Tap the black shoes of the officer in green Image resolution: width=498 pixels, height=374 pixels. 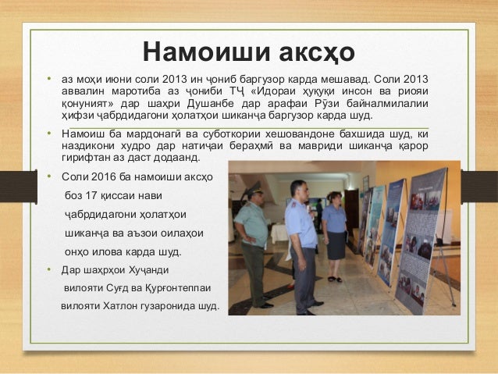[x=258, y=305]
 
